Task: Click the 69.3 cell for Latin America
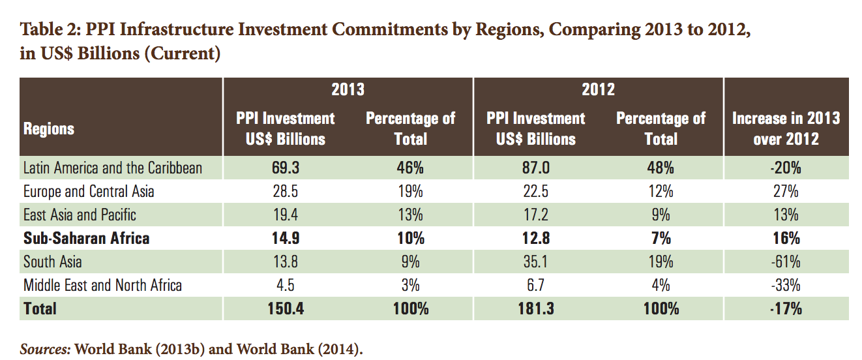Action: (x=285, y=168)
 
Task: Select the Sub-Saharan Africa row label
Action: (x=87, y=238)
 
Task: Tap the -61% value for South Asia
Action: (x=786, y=262)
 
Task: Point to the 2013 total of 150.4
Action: (x=285, y=308)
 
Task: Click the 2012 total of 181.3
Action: (x=535, y=308)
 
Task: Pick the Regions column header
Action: (x=49, y=128)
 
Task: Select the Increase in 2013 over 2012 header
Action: (x=786, y=128)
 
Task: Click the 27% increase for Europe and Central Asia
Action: (x=786, y=191)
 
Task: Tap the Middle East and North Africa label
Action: (x=102, y=285)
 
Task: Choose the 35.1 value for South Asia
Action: (x=535, y=262)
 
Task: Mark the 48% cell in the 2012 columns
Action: (x=661, y=168)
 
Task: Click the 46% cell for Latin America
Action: (x=410, y=168)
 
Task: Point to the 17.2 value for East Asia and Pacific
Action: (x=535, y=215)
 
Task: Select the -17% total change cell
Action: (x=786, y=308)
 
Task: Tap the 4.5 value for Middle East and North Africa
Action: (x=285, y=285)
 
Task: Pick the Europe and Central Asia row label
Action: (x=89, y=191)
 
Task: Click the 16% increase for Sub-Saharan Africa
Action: (x=786, y=238)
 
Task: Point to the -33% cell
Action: (x=786, y=285)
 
